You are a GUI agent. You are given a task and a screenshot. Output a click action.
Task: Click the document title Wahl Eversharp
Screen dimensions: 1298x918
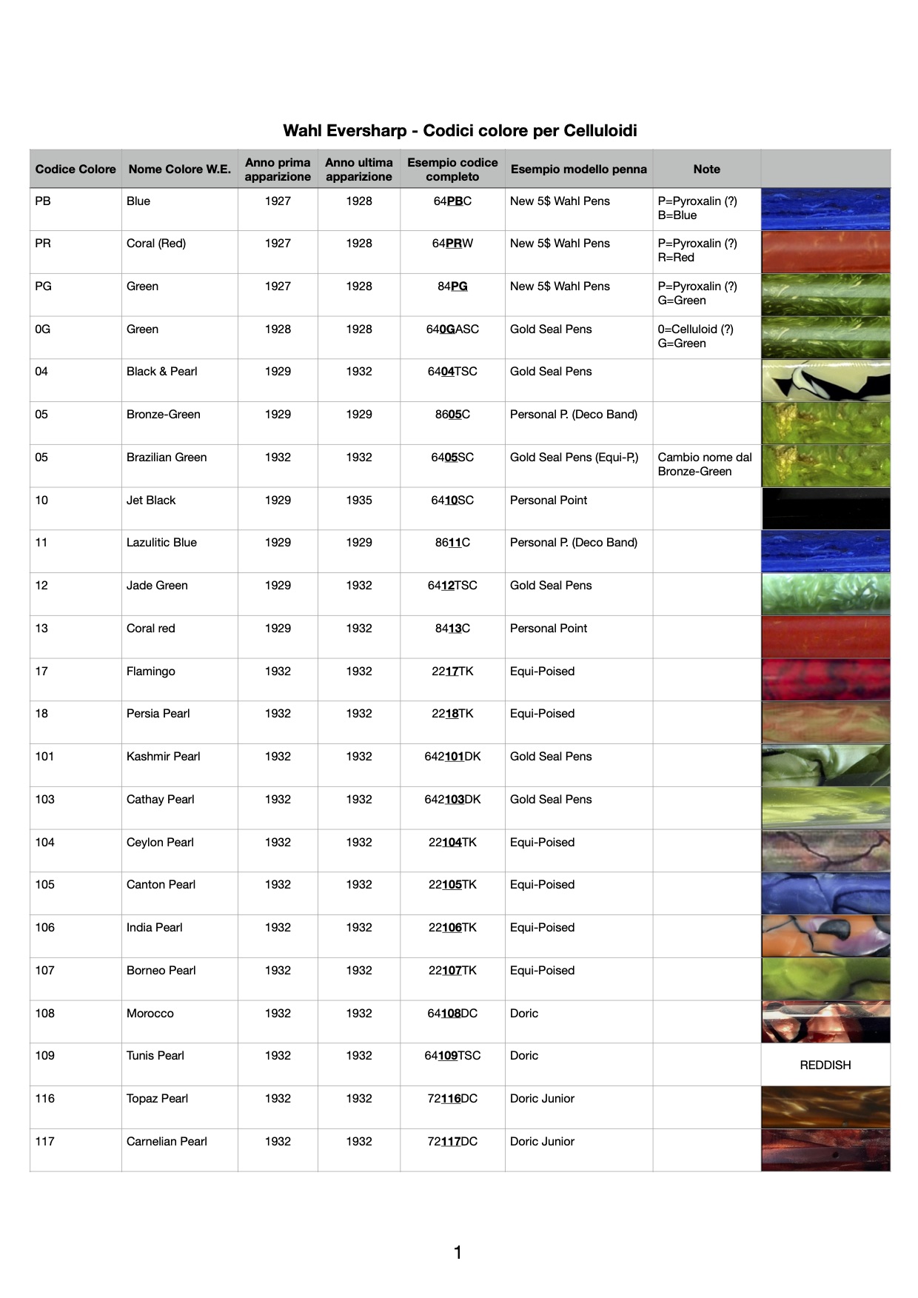pos(459,131)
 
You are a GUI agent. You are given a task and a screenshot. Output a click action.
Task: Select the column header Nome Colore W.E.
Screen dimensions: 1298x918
pos(179,170)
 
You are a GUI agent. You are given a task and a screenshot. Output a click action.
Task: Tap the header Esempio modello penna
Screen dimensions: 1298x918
pos(578,170)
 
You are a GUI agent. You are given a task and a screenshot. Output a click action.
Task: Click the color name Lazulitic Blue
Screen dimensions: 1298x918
pos(161,543)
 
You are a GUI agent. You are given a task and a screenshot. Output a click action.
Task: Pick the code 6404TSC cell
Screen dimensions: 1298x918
pos(452,372)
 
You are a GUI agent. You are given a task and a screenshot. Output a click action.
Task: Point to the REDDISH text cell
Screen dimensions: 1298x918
pos(825,1066)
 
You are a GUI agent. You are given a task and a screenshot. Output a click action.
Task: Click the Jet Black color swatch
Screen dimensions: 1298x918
pos(825,509)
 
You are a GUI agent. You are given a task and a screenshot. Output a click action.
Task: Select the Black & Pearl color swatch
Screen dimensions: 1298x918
pos(825,381)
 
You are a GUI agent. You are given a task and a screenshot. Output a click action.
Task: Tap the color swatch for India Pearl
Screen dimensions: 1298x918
pos(825,937)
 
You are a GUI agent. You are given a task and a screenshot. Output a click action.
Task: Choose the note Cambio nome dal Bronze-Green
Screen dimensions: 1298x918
pos(704,464)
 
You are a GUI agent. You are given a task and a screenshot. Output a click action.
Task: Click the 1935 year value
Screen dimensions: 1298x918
pos(358,501)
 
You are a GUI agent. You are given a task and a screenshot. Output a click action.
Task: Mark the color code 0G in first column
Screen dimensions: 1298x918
pos(43,329)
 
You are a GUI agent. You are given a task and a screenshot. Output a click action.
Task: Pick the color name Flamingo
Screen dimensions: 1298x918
pos(151,672)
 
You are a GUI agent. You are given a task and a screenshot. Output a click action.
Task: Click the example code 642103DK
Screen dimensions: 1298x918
pos(452,800)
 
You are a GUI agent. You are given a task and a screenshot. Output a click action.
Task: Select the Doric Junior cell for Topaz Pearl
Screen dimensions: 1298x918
pos(542,1099)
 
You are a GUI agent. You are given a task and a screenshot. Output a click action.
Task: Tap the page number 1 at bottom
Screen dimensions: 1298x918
pos(458,1253)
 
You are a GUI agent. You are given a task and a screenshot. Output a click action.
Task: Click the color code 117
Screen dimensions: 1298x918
pos(45,1142)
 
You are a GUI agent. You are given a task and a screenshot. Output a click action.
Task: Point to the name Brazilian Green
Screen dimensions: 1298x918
pos(167,458)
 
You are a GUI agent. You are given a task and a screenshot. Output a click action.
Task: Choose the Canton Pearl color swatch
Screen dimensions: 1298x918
pos(825,894)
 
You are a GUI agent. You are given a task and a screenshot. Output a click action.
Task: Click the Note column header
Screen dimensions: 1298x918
pos(706,170)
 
